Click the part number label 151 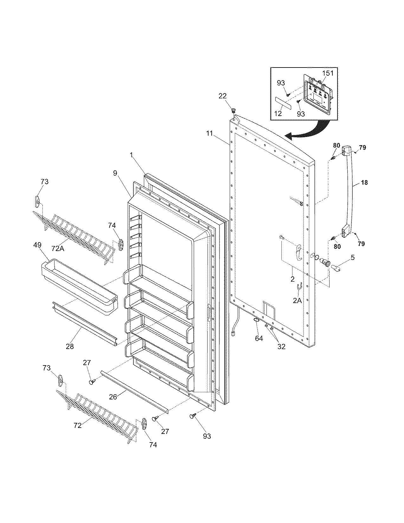(328, 73)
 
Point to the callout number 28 (70, 346)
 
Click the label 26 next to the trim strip (113, 396)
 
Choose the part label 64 (259, 338)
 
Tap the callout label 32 (281, 346)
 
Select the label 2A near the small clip (297, 300)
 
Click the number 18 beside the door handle (364, 183)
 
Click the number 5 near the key (352, 257)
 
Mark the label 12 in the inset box (278, 113)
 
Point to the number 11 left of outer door (209, 133)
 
